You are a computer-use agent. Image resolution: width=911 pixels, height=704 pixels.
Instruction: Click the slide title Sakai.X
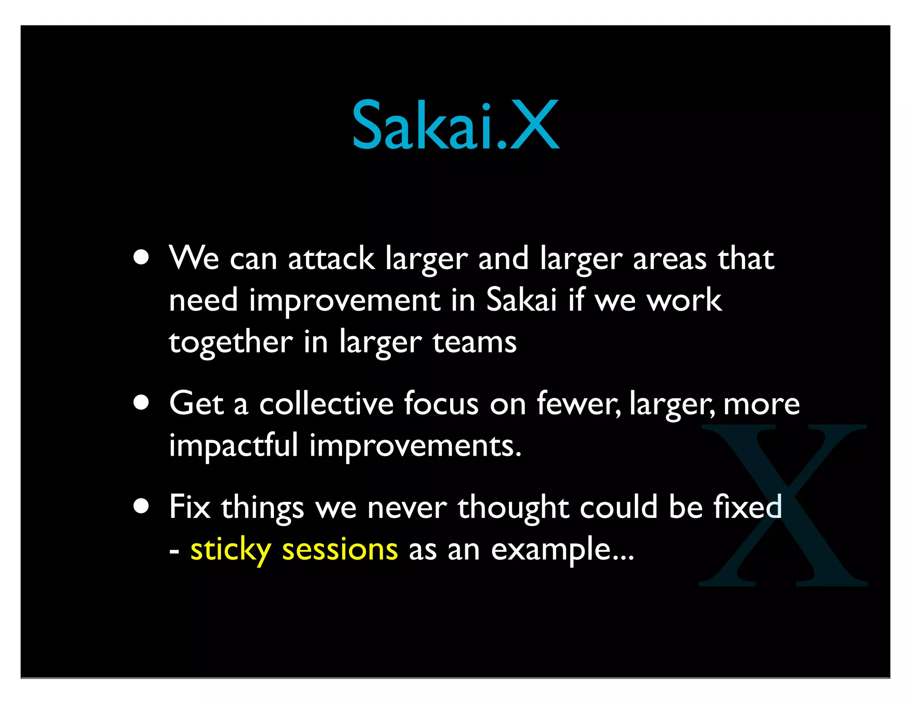pos(455,125)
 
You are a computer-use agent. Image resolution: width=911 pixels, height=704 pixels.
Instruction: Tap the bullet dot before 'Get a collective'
pos(141,402)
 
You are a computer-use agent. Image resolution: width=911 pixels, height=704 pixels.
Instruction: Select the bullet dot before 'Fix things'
pos(141,506)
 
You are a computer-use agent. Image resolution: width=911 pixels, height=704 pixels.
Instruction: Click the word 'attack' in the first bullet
pos(331,259)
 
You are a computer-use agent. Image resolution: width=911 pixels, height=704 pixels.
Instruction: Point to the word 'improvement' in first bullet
pos(344,301)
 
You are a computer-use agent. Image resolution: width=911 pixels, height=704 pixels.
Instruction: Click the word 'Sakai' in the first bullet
pos(521,300)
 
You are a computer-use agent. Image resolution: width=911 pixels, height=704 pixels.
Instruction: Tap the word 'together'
pos(231,343)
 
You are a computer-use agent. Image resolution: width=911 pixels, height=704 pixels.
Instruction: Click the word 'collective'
pos(326,404)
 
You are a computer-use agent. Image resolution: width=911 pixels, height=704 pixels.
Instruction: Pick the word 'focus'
pos(441,404)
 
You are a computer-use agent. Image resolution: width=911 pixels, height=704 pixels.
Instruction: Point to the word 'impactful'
pos(233,445)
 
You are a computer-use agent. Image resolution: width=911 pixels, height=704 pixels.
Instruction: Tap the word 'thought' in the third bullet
pos(513,507)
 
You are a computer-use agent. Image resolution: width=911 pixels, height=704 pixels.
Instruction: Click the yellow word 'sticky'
pos(230,550)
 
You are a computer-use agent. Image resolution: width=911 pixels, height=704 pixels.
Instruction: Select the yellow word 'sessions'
pos(339,550)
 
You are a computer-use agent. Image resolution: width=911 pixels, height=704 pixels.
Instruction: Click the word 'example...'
pos(562,550)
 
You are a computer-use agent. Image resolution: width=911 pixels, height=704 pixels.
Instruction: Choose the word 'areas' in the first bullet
pos(669,259)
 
